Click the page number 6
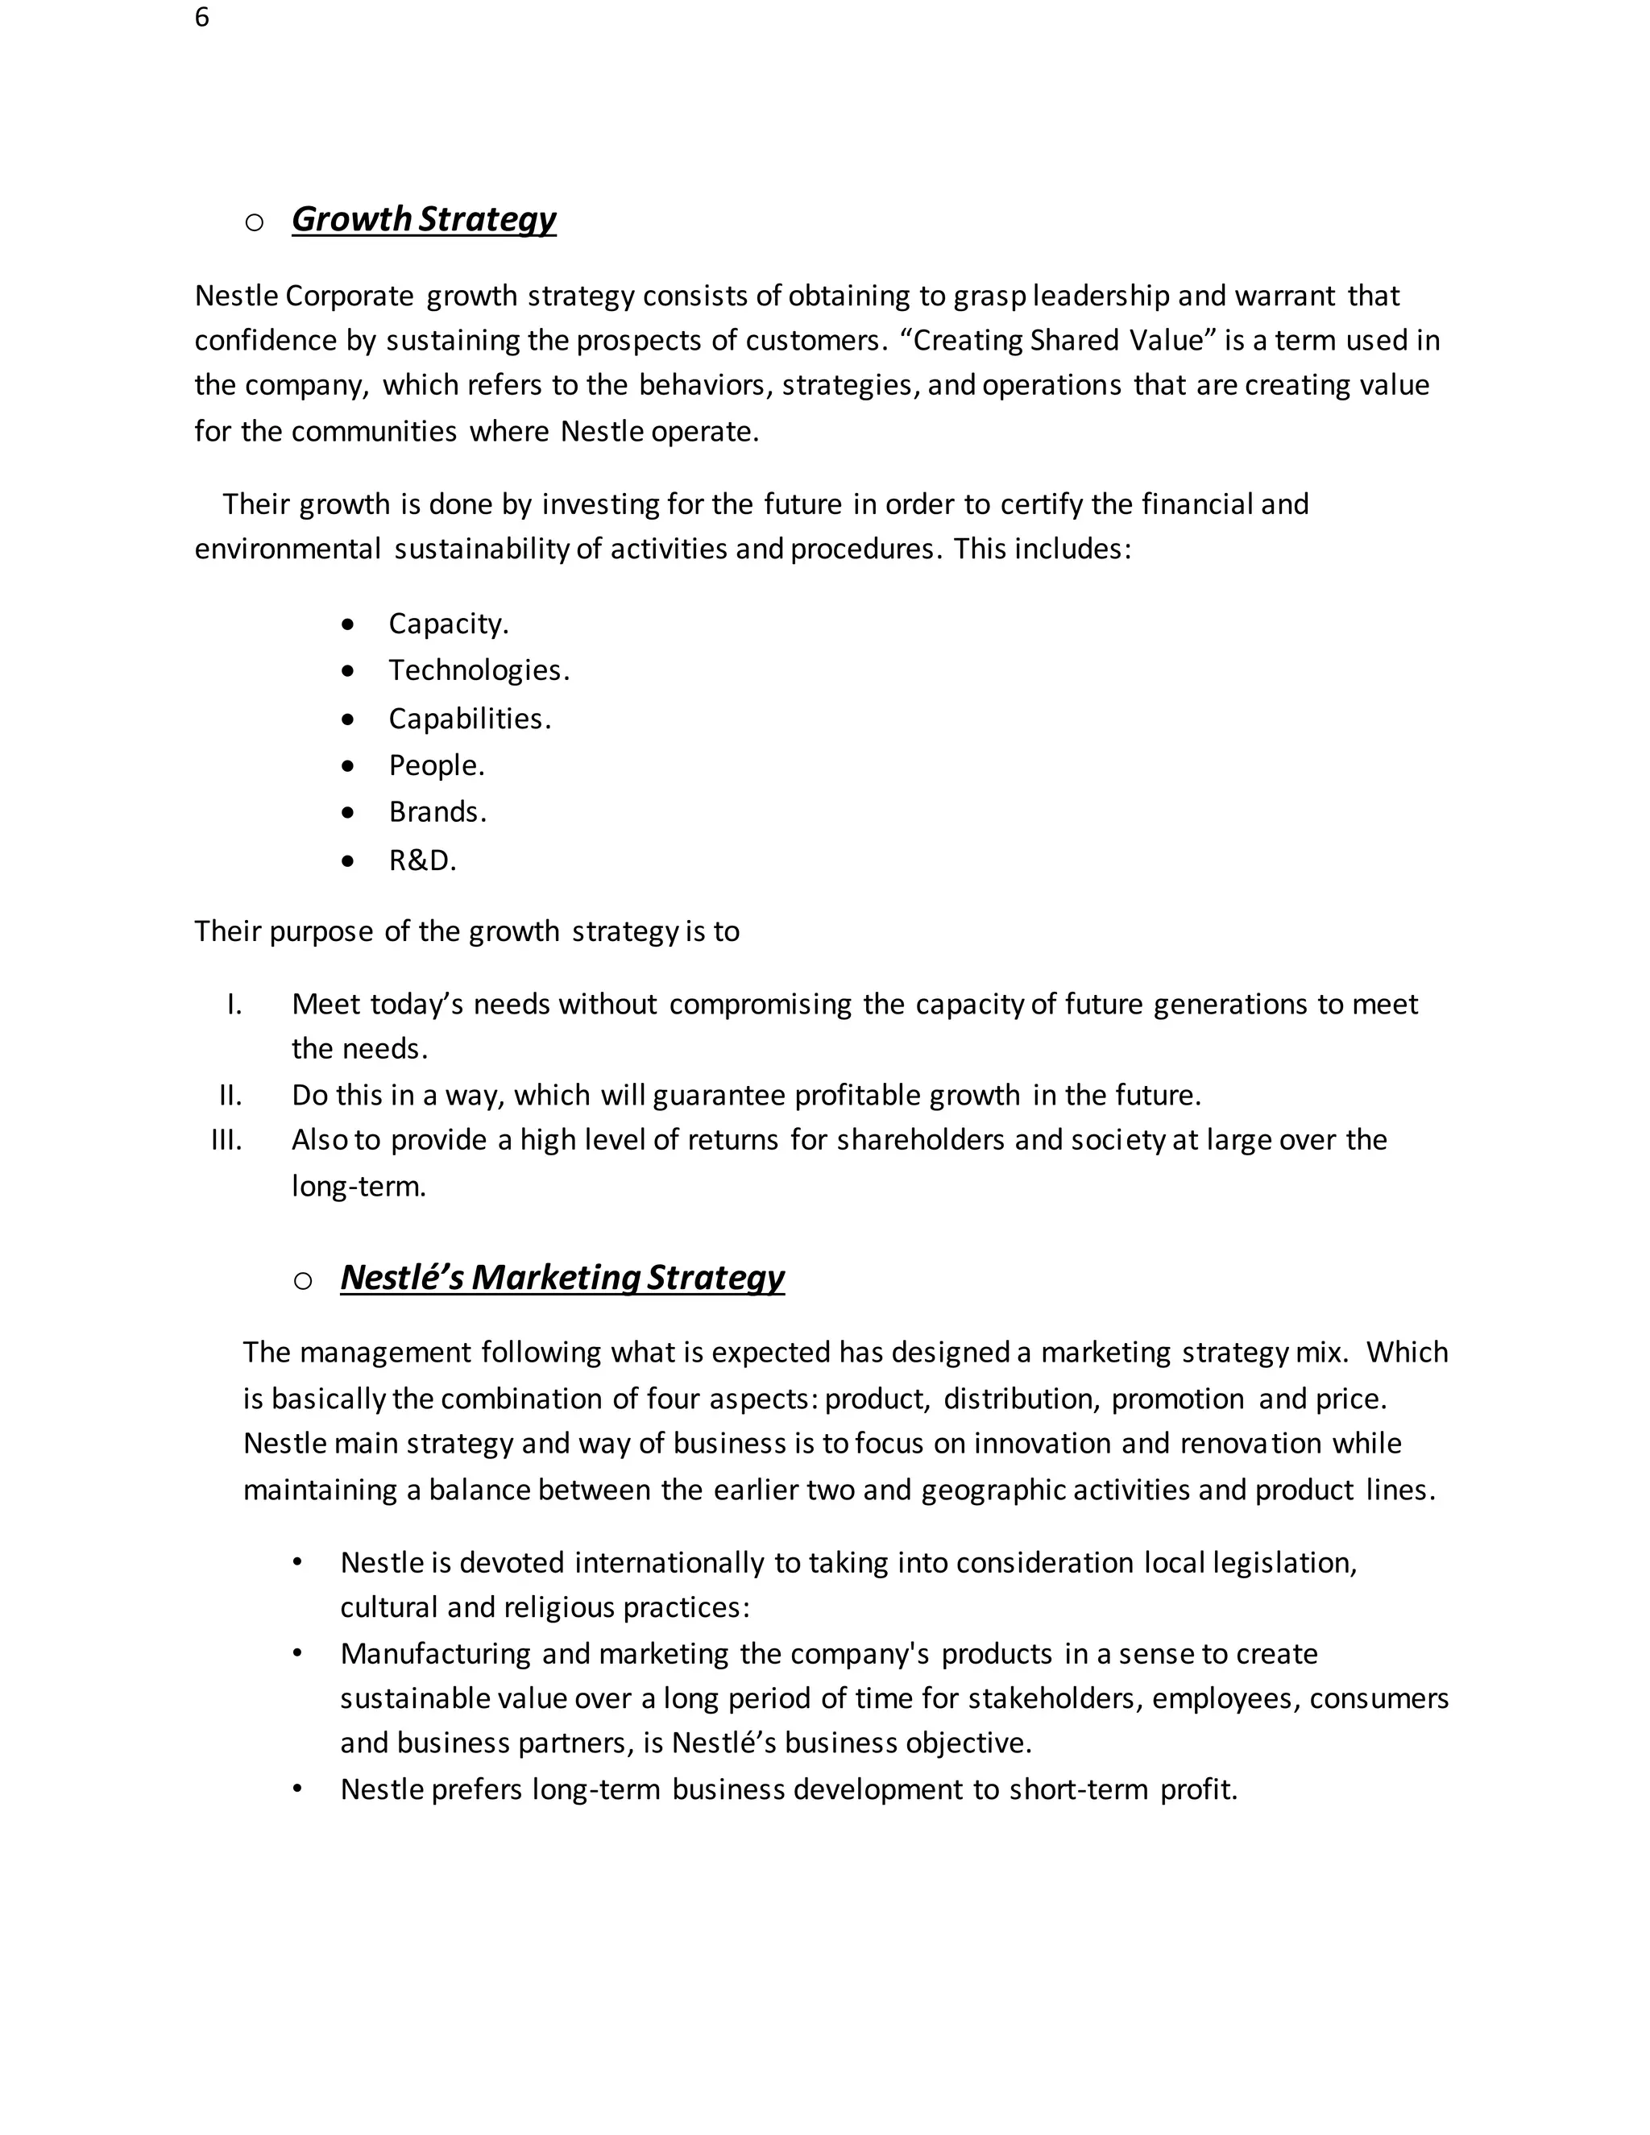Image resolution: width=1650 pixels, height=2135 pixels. tap(201, 18)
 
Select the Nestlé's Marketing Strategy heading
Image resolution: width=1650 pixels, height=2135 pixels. tap(562, 1278)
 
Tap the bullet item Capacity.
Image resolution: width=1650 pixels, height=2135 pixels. tap(448, 624)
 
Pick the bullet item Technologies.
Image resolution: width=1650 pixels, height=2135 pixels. tap(478, 670)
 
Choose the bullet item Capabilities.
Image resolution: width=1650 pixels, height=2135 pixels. tap(469, 719)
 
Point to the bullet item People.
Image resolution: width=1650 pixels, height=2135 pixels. tap(436, 765)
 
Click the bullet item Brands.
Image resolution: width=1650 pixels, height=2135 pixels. tap(437, 812)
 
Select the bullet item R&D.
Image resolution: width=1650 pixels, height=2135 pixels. tap(422, 861)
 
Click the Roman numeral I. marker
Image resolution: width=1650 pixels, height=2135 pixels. tap(234, 1004)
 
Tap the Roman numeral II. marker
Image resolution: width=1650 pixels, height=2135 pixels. tap(230, 1095)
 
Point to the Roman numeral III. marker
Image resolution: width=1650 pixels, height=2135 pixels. tap(226, 1140)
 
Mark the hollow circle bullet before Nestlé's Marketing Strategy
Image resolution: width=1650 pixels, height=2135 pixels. tap(303, 1282)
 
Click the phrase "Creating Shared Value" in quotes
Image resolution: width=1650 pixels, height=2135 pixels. tap(1058, 340)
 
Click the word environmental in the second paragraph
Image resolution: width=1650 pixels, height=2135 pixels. tap(288, 549)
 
